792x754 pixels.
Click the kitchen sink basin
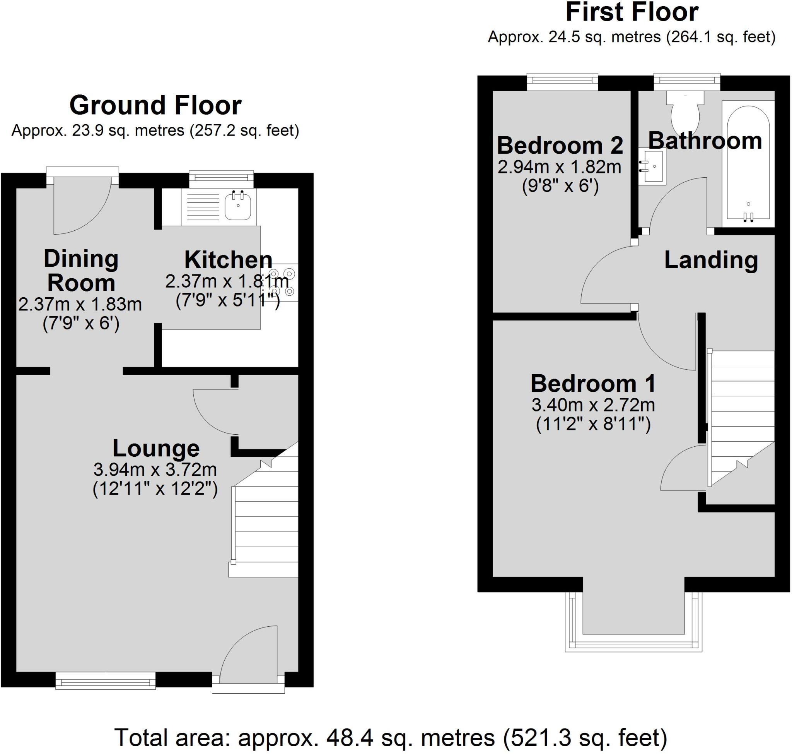(238, 206)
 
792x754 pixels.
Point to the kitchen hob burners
(282, 282)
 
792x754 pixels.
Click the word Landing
(711, 260)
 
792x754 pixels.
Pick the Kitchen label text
(228, 260)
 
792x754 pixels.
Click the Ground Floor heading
(155, 105)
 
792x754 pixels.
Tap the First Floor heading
(632, 12)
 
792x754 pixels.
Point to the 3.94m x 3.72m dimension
(155, 469)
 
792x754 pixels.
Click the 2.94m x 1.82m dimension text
(560, 166)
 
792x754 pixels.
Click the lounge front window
(105, 680)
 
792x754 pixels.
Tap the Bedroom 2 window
(562, 82)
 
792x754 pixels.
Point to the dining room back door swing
(82, 206)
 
